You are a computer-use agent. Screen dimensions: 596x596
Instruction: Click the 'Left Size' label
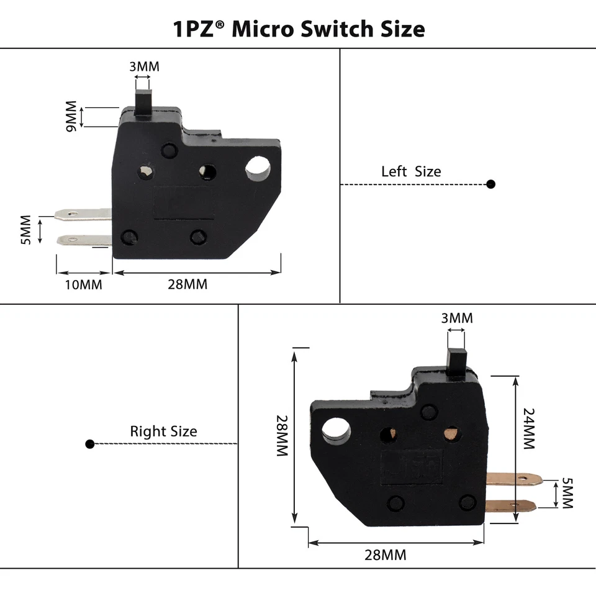coord(411,171)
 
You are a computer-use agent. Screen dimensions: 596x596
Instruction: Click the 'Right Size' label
coord(163,431)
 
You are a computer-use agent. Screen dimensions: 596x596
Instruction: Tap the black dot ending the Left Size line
coord(490,184)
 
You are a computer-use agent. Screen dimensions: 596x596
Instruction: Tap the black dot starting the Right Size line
coord(90,444)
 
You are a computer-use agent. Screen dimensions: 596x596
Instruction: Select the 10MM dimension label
coord(83,285)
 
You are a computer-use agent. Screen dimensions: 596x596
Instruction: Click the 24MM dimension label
coord(529,428)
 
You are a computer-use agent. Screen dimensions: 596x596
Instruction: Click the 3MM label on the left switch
coord(144,66)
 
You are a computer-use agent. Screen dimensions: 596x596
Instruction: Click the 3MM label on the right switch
coord(456,318)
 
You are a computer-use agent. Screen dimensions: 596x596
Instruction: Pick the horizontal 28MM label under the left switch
coord(187,285)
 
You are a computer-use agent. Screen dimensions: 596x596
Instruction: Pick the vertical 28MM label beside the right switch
coord(282,436)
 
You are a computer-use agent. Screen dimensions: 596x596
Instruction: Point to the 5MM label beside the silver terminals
coord(25,229)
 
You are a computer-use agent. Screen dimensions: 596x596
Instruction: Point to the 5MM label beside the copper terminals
coord(566,494)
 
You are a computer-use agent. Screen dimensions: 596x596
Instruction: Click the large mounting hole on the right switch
coord(335,430)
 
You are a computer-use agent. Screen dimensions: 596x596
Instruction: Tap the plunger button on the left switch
coord(144,99)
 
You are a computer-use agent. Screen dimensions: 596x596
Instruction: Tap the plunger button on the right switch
coord(456,359)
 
